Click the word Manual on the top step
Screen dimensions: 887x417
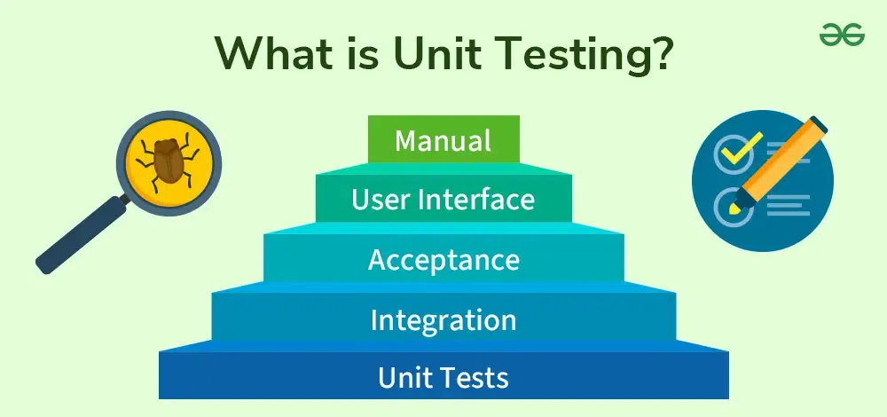click(443, 141)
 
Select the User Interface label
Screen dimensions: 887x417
click(443, 200)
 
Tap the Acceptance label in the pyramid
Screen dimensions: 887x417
click(444, 260)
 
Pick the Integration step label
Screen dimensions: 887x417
click(443, 320)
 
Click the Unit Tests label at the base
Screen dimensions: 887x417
click(443, 378)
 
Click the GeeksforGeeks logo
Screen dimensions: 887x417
click(842, 36)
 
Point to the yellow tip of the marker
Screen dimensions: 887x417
click(734, 209)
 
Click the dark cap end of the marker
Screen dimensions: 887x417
click(819, 124)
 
